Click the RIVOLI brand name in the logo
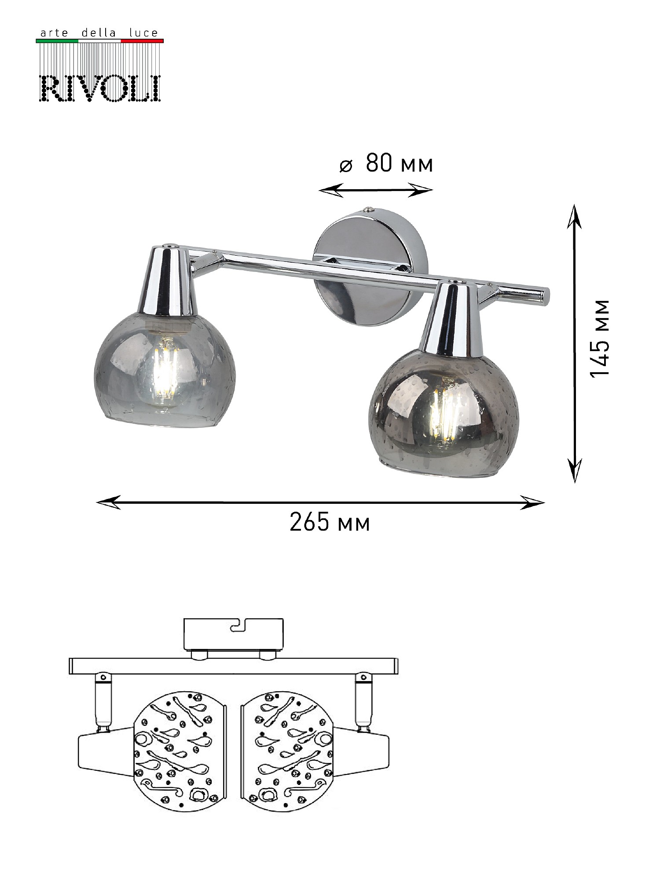pos(100,88)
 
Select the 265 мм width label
pos(330,523)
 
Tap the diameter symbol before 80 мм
pos(346,166)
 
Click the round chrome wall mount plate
pos(370,268)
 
